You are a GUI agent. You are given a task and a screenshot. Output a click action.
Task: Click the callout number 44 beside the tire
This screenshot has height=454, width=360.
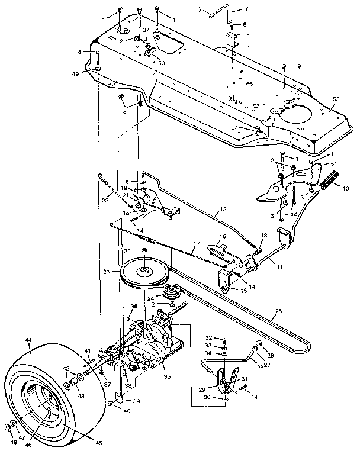point(28,340)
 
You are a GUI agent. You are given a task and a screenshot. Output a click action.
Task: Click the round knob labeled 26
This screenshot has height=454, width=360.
point(259,346)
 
